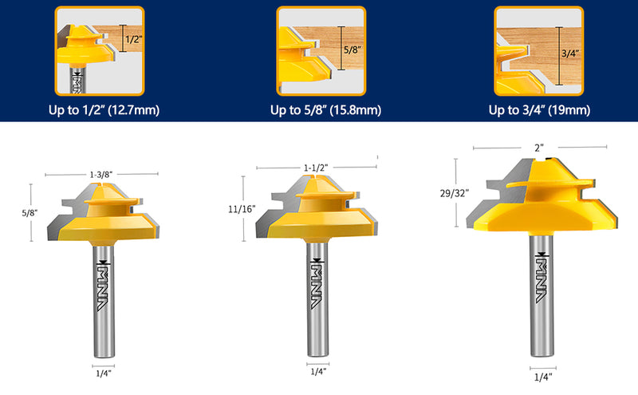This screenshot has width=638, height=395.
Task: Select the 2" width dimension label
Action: point(539,148)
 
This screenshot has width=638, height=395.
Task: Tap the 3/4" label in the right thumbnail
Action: point(573,53)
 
